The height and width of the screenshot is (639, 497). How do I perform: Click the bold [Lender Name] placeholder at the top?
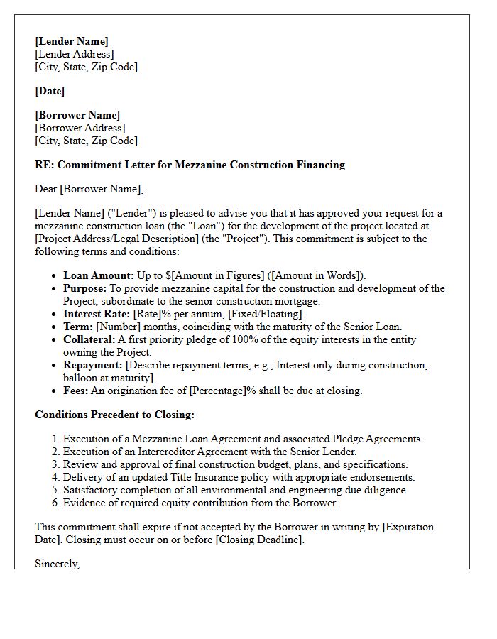[x=72, y=41]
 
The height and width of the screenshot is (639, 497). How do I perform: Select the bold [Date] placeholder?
[x=50, y=91]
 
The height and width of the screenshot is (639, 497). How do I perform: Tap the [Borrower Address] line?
[x=80, y=128]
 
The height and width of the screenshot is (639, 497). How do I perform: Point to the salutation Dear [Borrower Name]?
[x=89, y=189]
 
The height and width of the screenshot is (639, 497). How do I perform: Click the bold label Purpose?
[x=85, y=288]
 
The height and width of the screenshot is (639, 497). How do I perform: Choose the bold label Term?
[x=78, y=327]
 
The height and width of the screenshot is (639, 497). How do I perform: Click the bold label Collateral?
[x=89, y=339]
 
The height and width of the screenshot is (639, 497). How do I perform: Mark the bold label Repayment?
[x=93, y=365]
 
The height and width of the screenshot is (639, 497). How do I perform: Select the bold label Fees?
[x=76, y=390]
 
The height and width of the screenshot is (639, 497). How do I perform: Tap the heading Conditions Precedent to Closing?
[x=114, y=415]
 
